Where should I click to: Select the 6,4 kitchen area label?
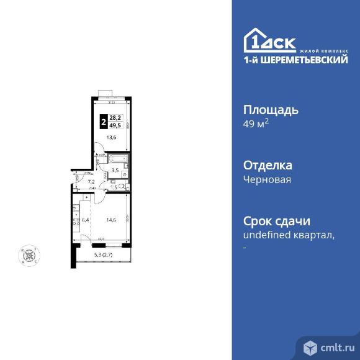pos(86,219)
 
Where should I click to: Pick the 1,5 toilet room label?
pos(114,186)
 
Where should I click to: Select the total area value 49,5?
pos(115,124)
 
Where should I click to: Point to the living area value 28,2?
pos(115,117)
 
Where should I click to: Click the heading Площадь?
pos(270,110)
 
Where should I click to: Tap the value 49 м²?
pos(255,124)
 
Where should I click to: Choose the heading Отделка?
pos(267,166)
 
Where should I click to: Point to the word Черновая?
pos(267,179)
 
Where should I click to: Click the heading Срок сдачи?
pos(276,222)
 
